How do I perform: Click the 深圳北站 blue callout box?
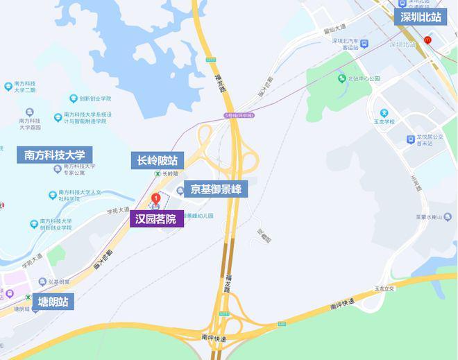coord(421,18)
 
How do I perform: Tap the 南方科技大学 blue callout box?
coord(54,155)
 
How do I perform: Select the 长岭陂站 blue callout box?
coord(158,161)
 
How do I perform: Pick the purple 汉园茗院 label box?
coord(156,219)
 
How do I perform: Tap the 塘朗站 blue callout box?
coord(52,301)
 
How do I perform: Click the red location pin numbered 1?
coord(156,199)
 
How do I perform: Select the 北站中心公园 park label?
coord(363,79)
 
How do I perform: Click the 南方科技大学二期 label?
coord(21,87)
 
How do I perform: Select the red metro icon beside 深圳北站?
coord(428,40)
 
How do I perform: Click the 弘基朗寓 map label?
coord(57,282)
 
